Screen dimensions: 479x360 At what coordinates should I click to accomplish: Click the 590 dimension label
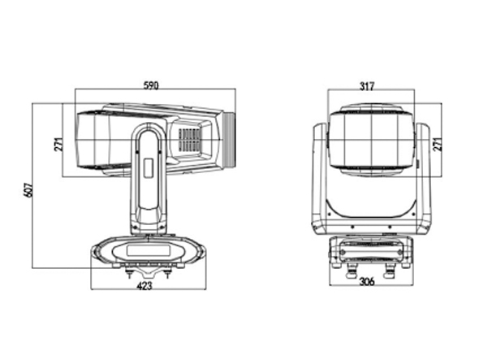click(x=152, y=85)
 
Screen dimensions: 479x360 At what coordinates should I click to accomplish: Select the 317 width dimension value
click(x=367, y=87)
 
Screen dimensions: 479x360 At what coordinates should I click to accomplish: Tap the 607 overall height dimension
click(x=28, y=190)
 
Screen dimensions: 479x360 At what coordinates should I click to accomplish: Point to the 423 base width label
click(x=145, y=286)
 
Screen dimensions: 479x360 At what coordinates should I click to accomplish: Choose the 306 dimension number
click(x=367, y=281)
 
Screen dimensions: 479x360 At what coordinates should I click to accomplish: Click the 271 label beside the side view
click(x=58, y=144)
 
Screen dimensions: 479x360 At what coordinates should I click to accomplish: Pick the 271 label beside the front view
click(x=438, y=144)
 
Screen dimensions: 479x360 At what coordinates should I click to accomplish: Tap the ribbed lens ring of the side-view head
click(x=229, y=140)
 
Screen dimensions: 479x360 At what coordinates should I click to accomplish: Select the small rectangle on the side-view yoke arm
click(x=149, y=167)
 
